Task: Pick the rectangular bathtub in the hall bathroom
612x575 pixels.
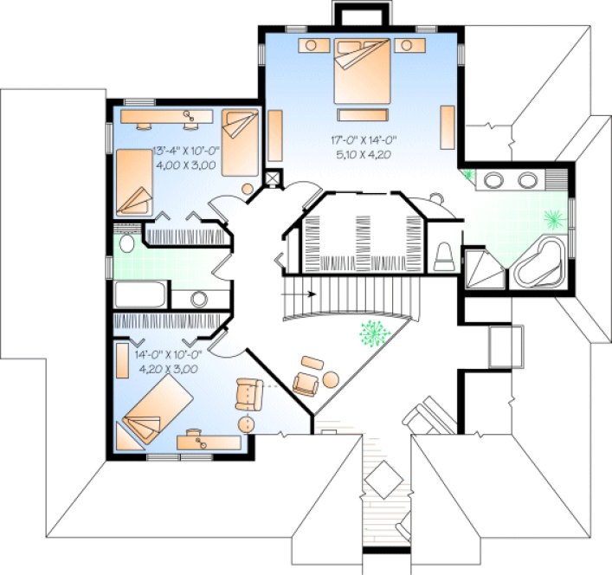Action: click(x=139, y=295)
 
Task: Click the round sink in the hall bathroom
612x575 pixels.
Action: click(x=198, y=299)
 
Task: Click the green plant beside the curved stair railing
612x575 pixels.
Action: click(x=373, y=333)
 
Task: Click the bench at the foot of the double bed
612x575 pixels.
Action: click(x=363, y=113)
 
